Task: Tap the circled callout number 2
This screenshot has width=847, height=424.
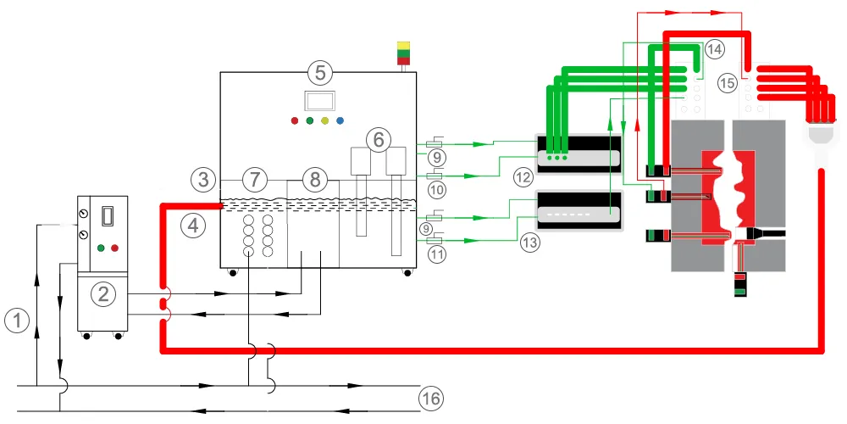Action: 103,294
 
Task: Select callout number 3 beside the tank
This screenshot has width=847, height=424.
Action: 202,179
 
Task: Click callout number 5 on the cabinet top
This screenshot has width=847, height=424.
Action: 320,72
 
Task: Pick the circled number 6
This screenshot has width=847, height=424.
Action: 378,138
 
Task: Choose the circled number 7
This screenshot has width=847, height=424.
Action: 255,179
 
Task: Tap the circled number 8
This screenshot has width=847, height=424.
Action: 314,179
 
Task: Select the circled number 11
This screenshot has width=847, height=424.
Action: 438,253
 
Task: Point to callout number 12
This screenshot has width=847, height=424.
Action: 523,176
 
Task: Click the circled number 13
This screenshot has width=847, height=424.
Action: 529,243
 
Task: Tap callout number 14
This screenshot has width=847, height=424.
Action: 713,49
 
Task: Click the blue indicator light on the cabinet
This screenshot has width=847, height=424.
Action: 340,120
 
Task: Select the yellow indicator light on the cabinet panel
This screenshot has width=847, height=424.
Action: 324,120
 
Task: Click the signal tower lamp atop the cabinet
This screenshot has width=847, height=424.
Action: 403,53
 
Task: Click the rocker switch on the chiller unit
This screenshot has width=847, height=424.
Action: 108,216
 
